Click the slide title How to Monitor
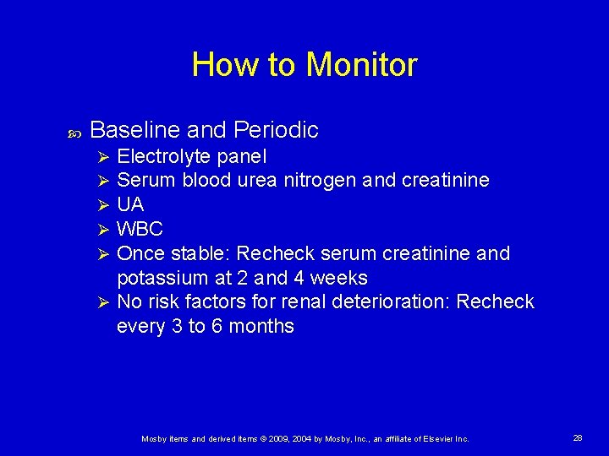pyautogui.click(x=304, y=65)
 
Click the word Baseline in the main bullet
pyautogui.click(x=134, y=130)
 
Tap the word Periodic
pyautogui.click(x=276, y=130)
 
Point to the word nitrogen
pyautogui.click(x=326, y=181)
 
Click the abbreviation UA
pyautogui.click(x=130, y=205)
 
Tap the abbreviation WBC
pyautogui.click(x=140, y=230)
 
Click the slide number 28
pyautogui.click(x=578, y=438)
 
